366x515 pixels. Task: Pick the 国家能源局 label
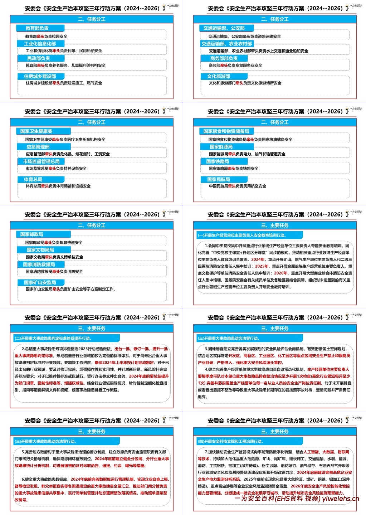pyautogui.click(x=223, y=147)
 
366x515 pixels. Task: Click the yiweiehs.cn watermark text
pyautogui.click(x=340, y=499)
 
